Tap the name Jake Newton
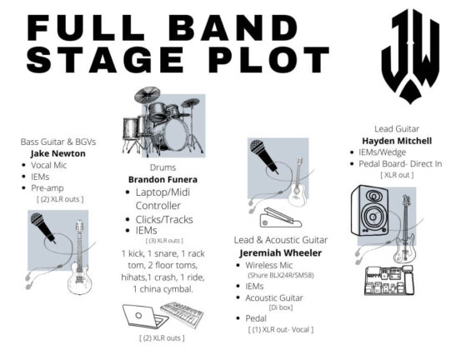[x=58, y=153]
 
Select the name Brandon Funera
[x=163, y=180]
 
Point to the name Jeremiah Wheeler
[x=281, y=253]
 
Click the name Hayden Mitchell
[x=397, y=141]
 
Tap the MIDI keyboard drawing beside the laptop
[x=183, y=315]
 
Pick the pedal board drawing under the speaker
[x=389, y=280]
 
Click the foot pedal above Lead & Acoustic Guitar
[x=281, y=217]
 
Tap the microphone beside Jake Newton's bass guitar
[x=43, y=227]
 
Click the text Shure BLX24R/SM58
[x=281, y=275]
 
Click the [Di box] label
[x=281, y=307]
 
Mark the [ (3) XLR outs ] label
[x=164, y=240]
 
